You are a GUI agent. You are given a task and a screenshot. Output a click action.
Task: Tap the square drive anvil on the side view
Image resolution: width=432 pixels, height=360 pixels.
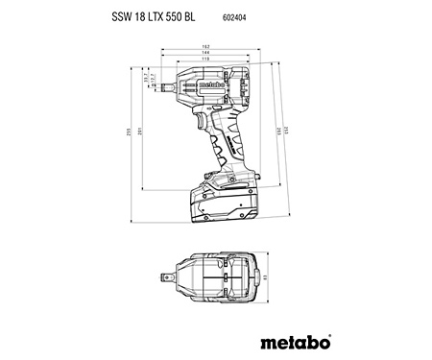point(169,86)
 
